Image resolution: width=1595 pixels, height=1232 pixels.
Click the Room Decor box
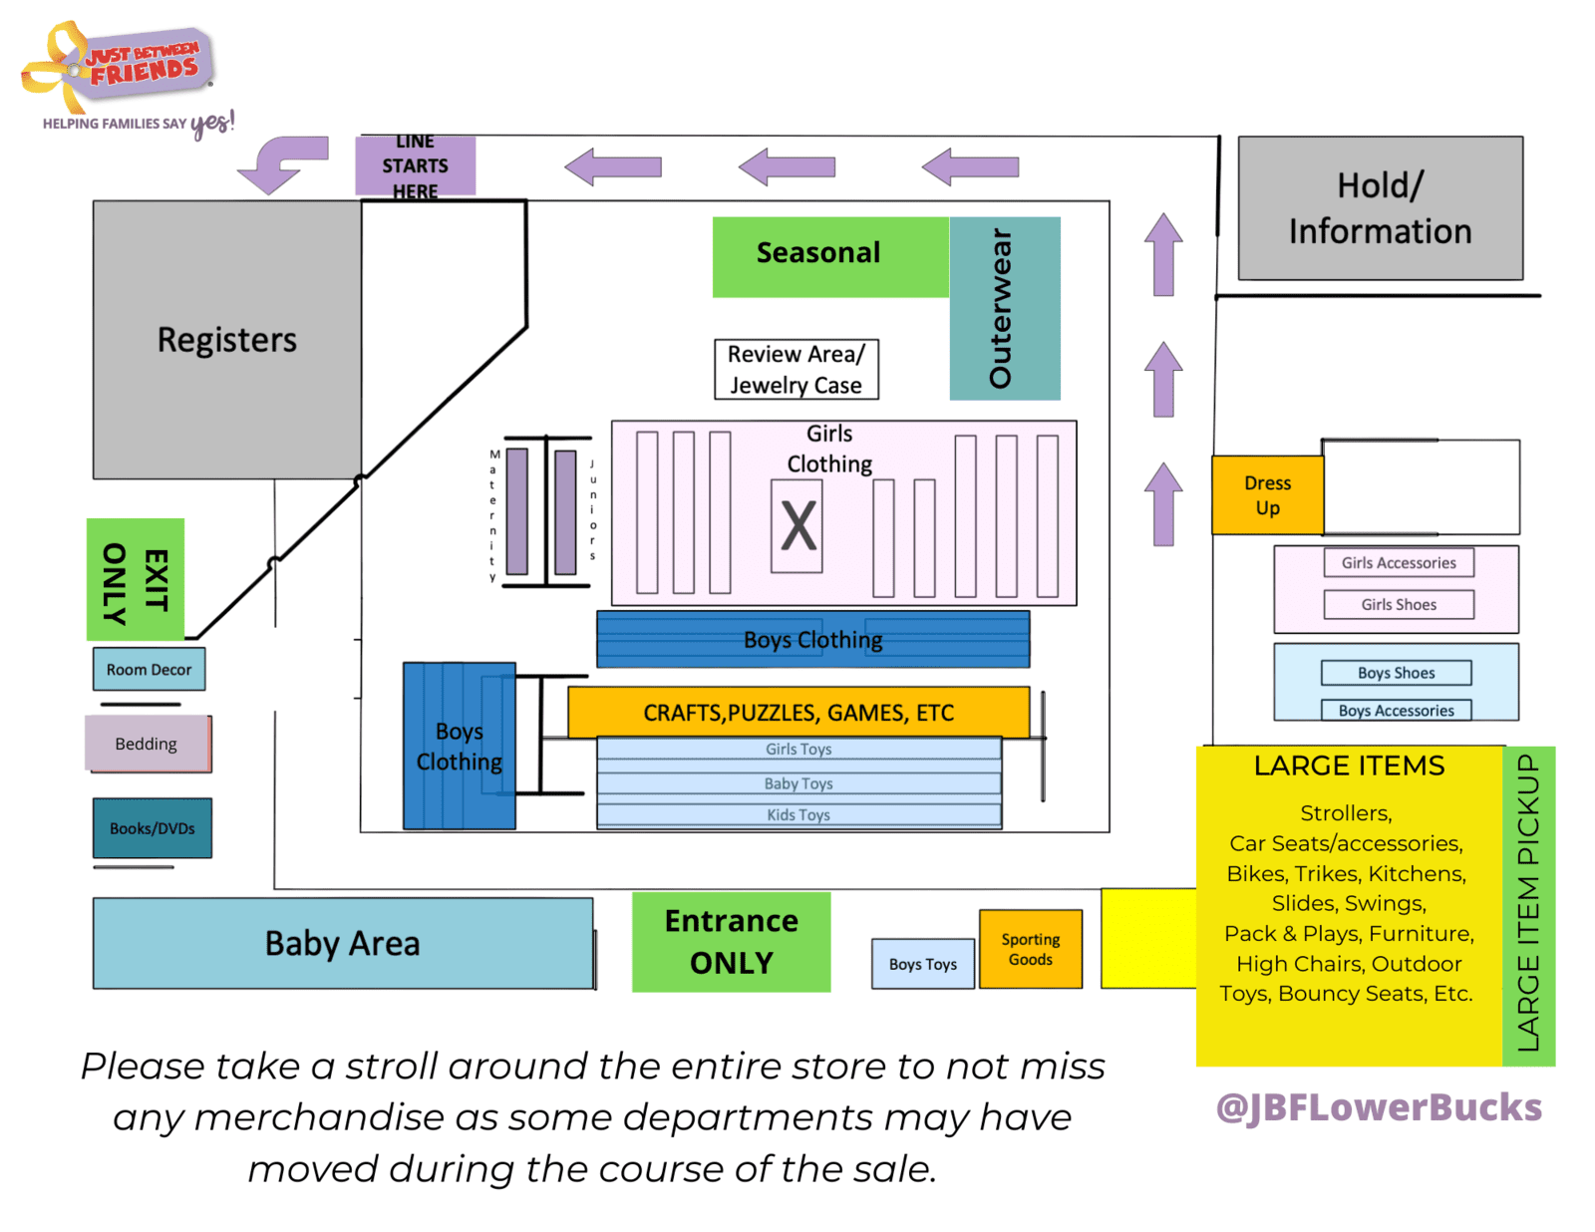coord(149,669)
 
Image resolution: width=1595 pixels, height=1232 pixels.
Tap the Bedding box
coord(148,744)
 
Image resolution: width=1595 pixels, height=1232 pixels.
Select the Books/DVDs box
coord(152,827)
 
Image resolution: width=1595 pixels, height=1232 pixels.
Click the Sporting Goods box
coord(1030,949)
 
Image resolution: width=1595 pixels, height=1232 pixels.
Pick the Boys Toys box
coord(923,964)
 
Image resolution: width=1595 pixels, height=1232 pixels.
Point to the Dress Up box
coord(1267,495)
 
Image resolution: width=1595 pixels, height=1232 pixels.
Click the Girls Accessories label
coord(1399,563)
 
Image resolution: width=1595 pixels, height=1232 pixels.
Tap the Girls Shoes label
coord(1399,605)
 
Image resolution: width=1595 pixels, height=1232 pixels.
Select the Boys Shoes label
coord(1396,673)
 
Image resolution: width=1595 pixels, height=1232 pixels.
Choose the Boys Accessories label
coord(1396,711)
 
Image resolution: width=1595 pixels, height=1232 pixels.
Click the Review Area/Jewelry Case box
coord(797,369)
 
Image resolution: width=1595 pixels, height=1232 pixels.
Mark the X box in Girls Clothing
coord(797,526)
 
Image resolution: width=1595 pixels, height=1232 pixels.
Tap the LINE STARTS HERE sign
coord(415,165)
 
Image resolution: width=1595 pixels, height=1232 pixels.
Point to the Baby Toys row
coord(798,783)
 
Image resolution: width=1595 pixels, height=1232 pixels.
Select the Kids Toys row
coord(798,814)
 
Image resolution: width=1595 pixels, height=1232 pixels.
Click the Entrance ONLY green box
coord(731,942)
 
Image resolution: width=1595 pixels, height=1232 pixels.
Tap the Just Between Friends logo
coord(127,78)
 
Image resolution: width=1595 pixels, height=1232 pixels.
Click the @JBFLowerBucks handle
coord(1379,1107)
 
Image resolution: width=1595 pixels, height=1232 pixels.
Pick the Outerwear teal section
coord(1004,308)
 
